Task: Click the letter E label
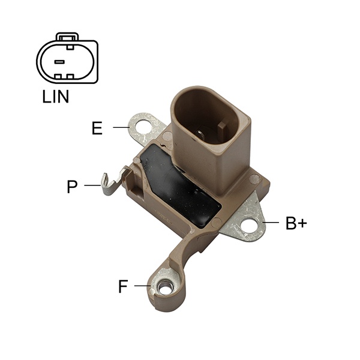click(x=97, y=128)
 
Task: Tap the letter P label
click(x=72, y=187)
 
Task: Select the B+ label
click(x=296, y=223)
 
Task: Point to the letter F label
click(x=123, y=286)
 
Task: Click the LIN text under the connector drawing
click(x=56, y=97)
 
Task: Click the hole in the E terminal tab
click(x=143, y=127)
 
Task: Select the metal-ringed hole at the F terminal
click(x=164, y=289)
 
